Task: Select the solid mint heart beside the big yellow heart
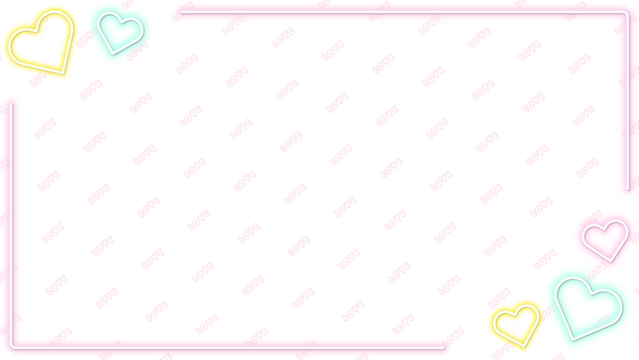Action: click(121, 30)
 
